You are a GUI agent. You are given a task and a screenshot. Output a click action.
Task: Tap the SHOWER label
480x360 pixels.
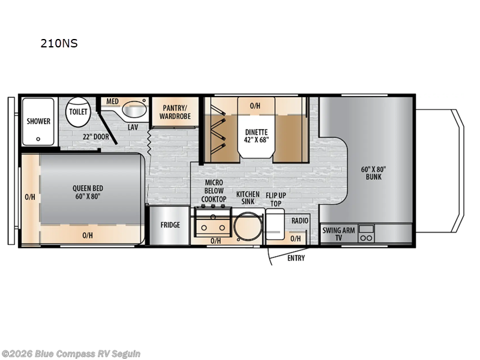coord(38,121)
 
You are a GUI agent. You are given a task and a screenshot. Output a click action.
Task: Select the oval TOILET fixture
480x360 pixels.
coord(77,112)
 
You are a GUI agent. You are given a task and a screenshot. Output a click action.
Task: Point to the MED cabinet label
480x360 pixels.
coord(112,101)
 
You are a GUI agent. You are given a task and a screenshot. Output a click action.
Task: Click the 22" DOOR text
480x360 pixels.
coord(97,136)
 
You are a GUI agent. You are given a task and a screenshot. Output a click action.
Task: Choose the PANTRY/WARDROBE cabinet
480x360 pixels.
coord(175,112)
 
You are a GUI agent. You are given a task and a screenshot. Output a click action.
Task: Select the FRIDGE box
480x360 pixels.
coord(170,226)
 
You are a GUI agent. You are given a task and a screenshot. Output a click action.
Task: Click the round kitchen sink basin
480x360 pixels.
coord(247,228)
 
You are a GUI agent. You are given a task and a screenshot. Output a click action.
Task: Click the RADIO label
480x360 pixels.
coord(299,221)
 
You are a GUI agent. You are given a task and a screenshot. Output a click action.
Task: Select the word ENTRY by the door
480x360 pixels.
coord(296,258)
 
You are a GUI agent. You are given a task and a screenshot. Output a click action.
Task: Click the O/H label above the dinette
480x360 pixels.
coord(255,106)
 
